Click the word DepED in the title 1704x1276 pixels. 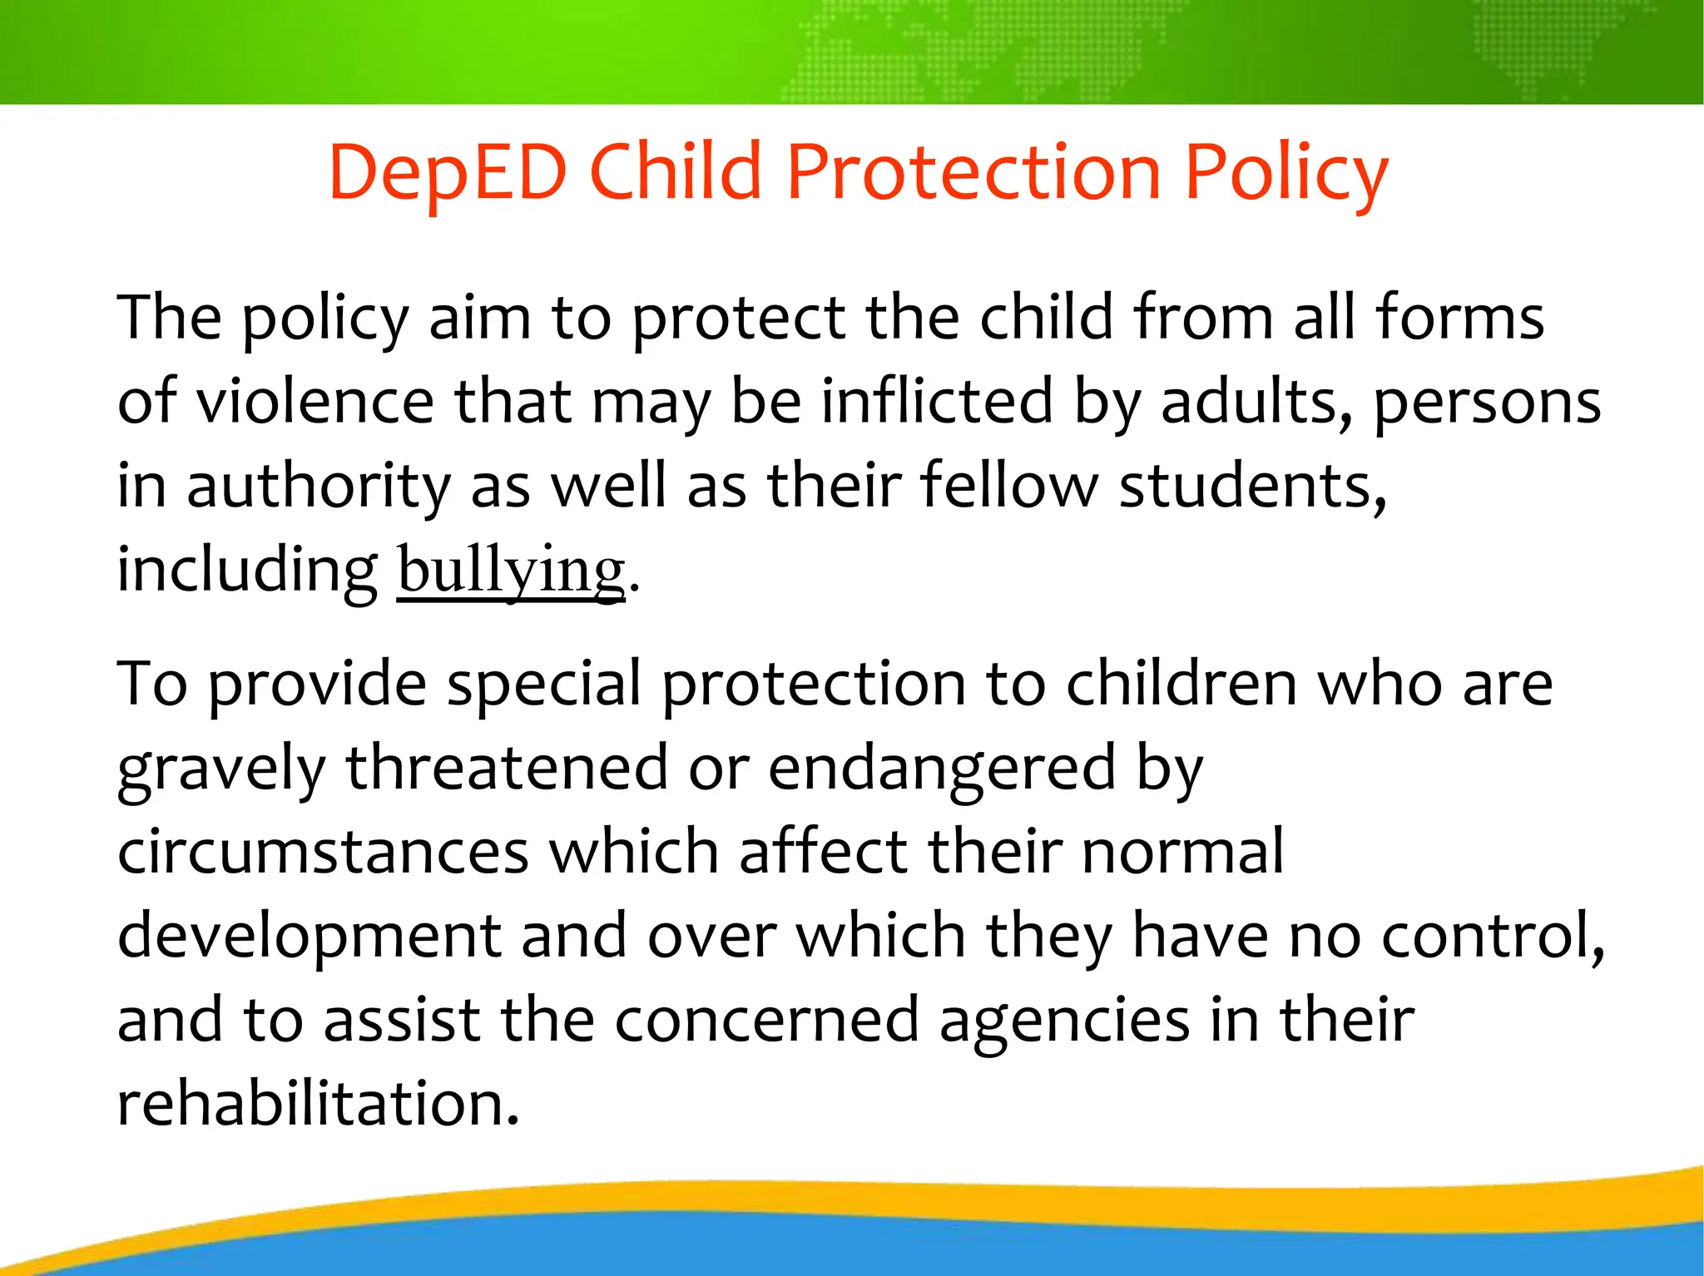coord(448,172)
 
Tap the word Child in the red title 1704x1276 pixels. coord(676,172)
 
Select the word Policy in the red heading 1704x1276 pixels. coord(1286,172)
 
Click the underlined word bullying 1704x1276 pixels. coord(511,571)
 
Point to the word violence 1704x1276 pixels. coord(315,402)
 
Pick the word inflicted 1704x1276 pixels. coord(938,402)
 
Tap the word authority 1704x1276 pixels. coord(319,487)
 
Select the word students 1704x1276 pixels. coord(1252,487)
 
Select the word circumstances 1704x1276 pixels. coord(323,853)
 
